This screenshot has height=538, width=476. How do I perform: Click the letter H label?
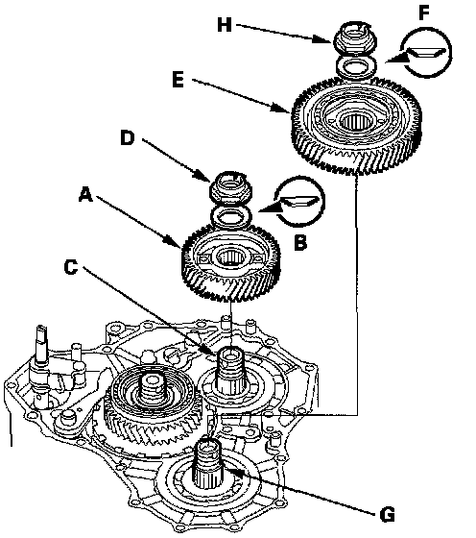(x=225, y=25)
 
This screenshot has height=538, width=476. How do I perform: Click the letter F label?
(x=424, y=13)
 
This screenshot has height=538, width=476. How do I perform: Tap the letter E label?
(x=178, y=81)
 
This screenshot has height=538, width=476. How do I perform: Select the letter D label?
(x=127, y=138)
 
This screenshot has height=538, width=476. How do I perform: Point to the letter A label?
(x=85, y=195)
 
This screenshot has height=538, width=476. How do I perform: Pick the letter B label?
(x=300, y=243)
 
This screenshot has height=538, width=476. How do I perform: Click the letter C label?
(x=71, y=267)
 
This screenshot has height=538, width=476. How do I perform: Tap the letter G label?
(x=388, y=515)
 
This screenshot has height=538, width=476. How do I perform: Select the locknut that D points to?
(x=230, y=187)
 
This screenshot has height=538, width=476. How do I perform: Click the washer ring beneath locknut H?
(x=356, y=65)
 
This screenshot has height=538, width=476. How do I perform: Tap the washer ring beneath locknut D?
(x=231, y=215)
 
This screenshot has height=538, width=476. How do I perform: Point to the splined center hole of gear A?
(x=231, y=257)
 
